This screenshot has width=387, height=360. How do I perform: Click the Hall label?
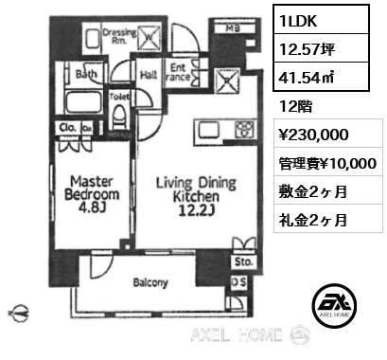tap(149, 71)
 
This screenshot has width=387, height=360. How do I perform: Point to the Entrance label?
tap(179, 73)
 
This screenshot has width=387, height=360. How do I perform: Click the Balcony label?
tap(150, 282)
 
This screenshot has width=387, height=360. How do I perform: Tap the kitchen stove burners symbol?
tap(244, 130)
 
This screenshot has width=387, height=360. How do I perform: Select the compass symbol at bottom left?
tap(21, 309)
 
